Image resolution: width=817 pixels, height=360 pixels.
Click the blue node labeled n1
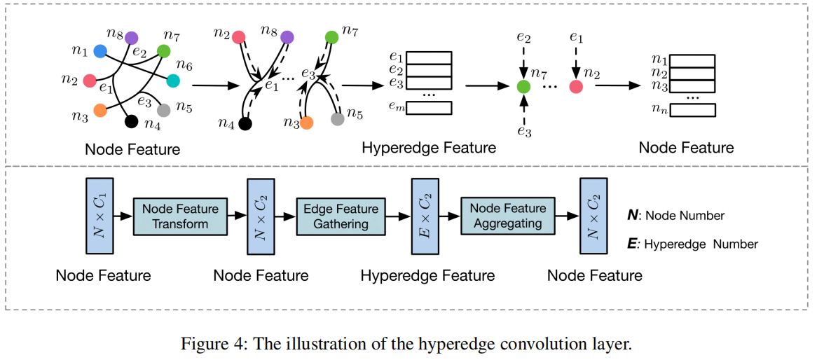tap(100, 50)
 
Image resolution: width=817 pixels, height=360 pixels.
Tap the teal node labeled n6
tap(173, 81)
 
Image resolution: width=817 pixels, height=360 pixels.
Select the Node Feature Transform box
tap(180, 216)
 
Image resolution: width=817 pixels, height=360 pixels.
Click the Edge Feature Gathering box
tap(341, 216)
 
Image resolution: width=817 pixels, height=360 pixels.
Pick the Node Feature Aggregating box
tap(507, 216)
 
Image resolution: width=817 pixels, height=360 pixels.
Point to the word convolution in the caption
tap(535, 344)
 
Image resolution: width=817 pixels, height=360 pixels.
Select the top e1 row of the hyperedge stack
tap(429, 57)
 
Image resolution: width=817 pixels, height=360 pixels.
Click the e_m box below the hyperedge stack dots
tap(429, 108)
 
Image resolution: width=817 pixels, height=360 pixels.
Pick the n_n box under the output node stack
tap(692, 110)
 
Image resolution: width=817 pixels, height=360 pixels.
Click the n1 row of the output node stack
tap(692, 60)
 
